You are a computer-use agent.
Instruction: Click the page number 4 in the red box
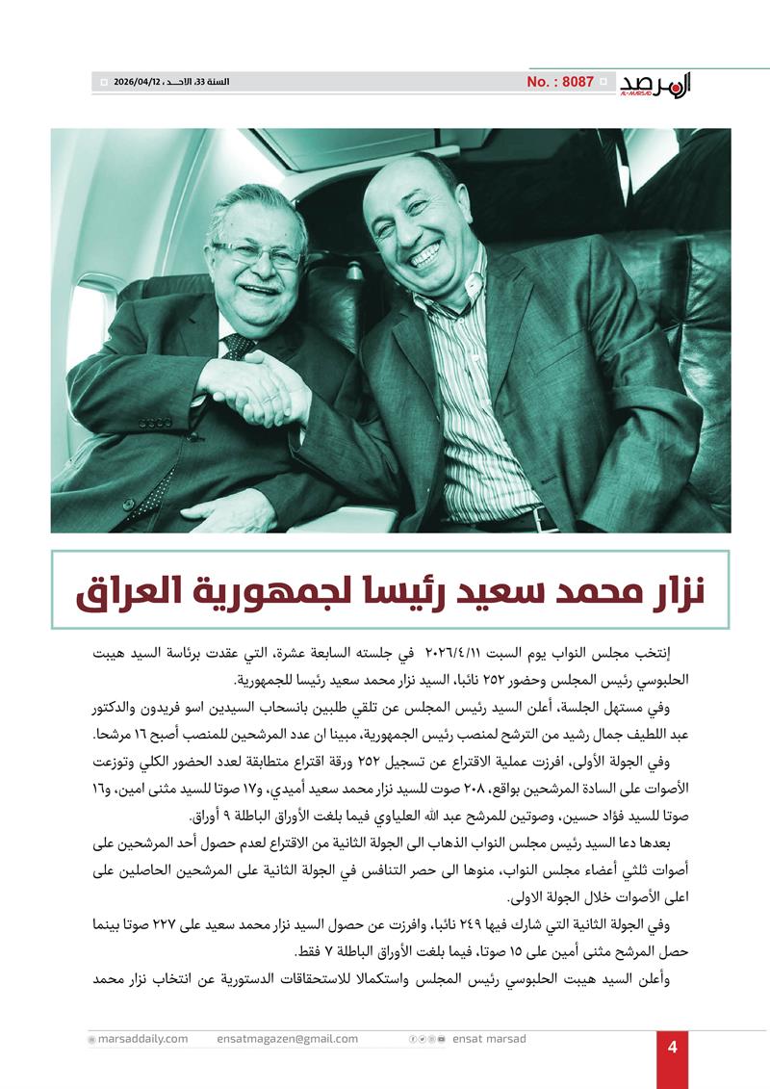(673, 1049)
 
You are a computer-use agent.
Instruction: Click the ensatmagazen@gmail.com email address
(288, 1039)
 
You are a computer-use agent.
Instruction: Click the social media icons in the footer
(427, 1039)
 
